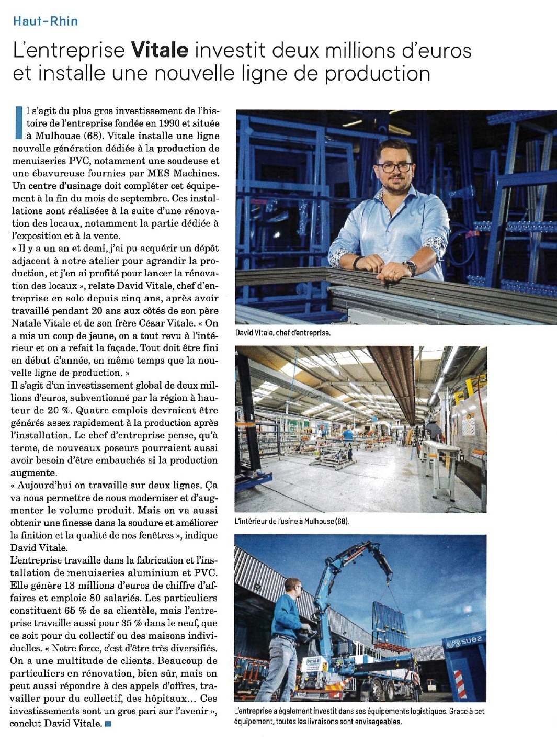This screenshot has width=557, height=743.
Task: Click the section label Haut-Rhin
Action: [46, 21]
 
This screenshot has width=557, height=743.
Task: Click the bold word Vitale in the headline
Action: [160, 50]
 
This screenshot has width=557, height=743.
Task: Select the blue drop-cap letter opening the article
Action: [18, 122]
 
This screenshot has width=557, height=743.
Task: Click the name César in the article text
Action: [153, 323]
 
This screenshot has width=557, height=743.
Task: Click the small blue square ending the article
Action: [108, 724]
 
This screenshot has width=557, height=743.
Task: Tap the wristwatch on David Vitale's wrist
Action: [410, 267]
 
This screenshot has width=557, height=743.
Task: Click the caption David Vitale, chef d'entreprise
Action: [283, 333]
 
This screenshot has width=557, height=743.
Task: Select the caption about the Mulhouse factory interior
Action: [292, 521]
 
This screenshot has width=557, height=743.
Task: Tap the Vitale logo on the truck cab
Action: [313, 662]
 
